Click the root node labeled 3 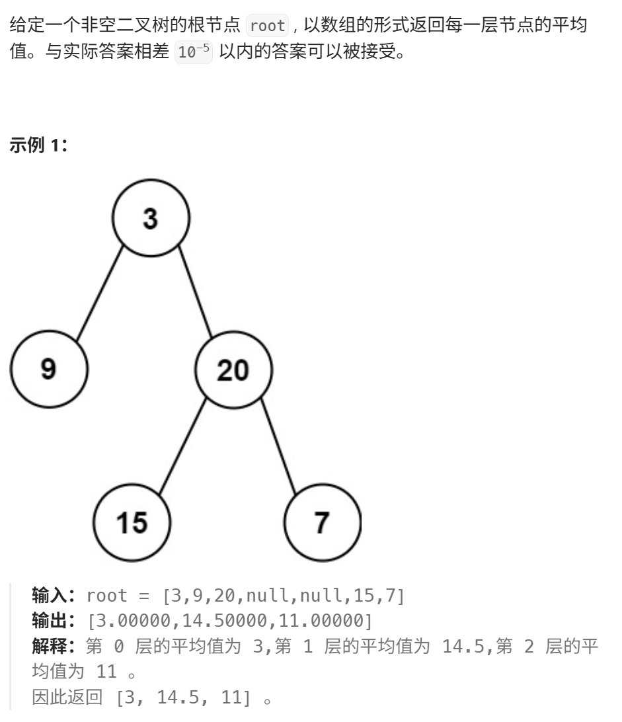151,218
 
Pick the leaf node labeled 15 132,523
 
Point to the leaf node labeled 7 322,523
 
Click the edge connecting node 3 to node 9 100,294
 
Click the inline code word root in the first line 268,26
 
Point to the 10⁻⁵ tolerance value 194,54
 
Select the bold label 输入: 56,595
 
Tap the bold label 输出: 56,621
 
